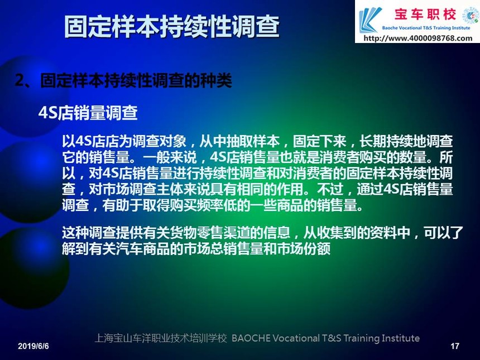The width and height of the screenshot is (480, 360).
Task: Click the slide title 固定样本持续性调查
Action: click(172, 27)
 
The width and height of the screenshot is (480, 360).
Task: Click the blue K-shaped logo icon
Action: click(370, 20)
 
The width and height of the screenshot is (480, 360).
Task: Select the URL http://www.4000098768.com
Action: click(418, 39)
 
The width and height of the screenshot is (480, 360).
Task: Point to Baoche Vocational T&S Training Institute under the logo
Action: click(426, 28)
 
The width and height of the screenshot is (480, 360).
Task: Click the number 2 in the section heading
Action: click(20, 81)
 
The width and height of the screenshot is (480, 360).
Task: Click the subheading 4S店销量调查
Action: click(88, 113)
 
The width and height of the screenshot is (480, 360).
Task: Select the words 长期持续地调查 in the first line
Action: click(406, 141)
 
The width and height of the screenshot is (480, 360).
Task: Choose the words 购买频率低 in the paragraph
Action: click(203, 205)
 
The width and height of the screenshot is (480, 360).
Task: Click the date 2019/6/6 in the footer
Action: click(33, 346)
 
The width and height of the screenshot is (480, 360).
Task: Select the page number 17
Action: click(455, 346)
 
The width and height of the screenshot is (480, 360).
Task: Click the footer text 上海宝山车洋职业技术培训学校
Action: click(161, 338)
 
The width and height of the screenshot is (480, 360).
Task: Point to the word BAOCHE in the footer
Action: click(251, 338)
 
